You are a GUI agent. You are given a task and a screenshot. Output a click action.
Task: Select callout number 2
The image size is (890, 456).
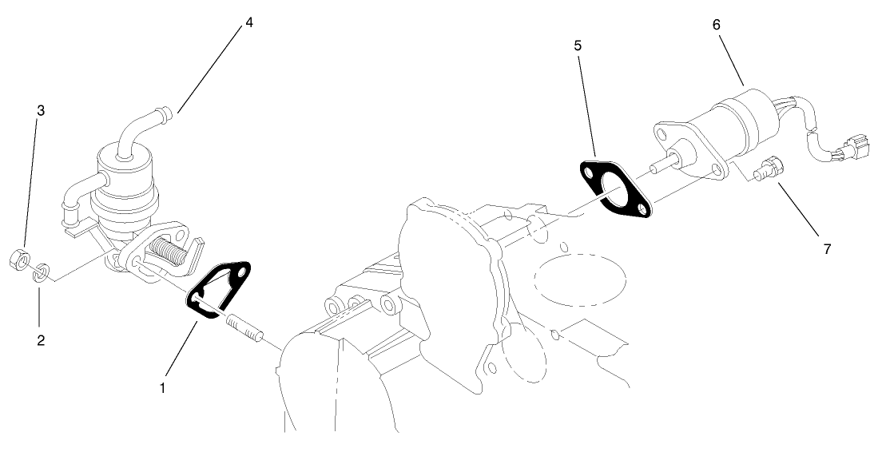(41, 339)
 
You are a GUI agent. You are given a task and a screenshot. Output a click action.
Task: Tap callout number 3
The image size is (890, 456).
(41, 109)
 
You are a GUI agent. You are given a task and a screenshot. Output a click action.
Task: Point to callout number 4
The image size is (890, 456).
(249, 22)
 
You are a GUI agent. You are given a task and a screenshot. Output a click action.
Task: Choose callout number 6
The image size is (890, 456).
(717, 25)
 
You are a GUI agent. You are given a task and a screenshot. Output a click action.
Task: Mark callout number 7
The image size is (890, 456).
(827, 249)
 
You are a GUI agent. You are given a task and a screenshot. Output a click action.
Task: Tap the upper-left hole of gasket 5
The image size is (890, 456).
(591, 173)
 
